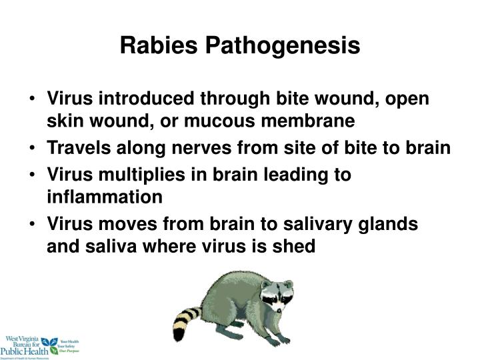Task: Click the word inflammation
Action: point(105,197)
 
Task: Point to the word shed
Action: point(297,247)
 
